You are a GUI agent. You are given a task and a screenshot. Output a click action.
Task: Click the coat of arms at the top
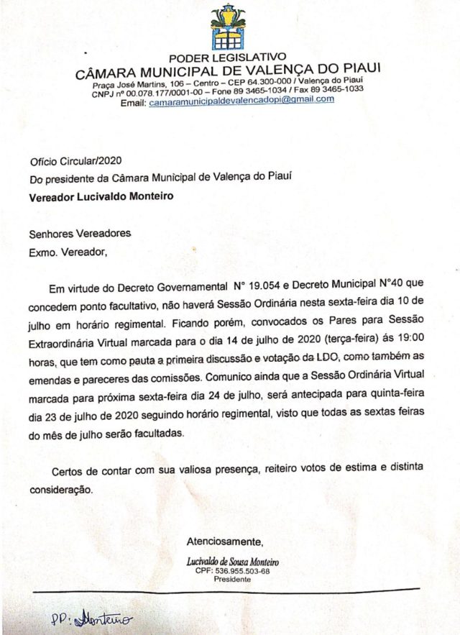(x=228, y=27)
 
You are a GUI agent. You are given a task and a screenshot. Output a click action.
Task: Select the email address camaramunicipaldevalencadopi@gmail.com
(x=241, y=101)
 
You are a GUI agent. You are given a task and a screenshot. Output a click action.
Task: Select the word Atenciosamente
(x=225, y=541)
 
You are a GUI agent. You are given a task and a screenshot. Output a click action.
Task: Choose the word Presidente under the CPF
(x=232, y=579)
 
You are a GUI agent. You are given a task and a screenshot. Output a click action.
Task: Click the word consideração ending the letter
(x=61, y=489)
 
